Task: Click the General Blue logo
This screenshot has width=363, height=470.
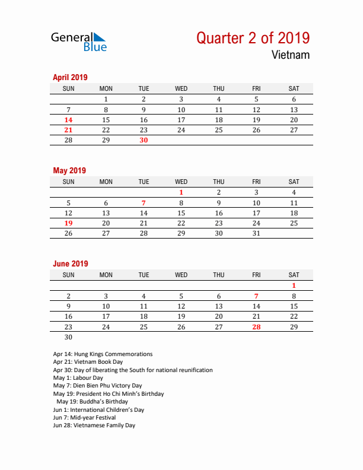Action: coord(79,41)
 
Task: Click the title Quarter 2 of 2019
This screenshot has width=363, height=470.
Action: coord(253,38)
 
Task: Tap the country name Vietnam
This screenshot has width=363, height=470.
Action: coord(291,55)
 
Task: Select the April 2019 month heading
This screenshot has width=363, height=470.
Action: coord(70,77)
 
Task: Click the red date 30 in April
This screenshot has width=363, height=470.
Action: coord(144,141)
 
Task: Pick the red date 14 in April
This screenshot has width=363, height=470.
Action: coord(68,120)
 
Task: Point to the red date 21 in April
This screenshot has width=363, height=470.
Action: coord(68,130)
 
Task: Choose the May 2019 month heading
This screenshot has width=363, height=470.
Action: coord(69,170)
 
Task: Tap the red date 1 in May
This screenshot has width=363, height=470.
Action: coord(181,192)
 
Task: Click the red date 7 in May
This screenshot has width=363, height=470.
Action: coord(144,203)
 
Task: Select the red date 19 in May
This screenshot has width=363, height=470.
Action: coord(68,223)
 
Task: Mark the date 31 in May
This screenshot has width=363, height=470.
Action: coord(256,234)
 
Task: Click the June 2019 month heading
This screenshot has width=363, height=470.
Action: coord(71,263)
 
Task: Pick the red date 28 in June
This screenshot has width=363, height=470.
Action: coord(256,327)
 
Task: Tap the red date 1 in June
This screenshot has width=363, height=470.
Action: coord(294,285)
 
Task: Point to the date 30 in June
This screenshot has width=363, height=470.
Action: coord(68,337)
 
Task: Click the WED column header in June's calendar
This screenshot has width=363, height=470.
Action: coord(181,275)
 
